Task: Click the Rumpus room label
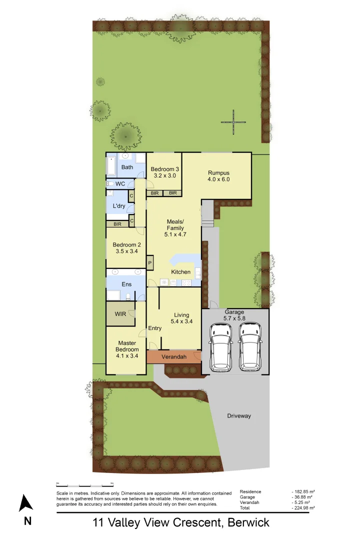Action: coord(218,172)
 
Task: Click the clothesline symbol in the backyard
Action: coord(233,122)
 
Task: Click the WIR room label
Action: coord(120,314)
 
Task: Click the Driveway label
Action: coord(239,415)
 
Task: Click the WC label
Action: coord(120,184)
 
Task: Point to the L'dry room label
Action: coord(118,206)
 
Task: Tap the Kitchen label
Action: coord(180,272)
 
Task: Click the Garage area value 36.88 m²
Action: coord(303,497)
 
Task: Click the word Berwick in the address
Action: coord(248,523)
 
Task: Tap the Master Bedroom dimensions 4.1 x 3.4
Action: coord(127,356)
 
